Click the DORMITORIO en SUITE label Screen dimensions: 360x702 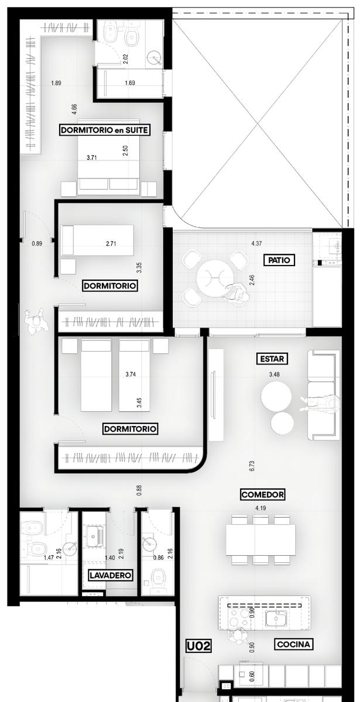105,130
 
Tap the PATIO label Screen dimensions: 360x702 279,260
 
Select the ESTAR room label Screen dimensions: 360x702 272,359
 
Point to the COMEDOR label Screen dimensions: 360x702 263,494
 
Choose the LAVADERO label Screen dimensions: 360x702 110,574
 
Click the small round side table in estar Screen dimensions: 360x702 282,424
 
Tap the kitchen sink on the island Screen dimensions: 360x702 275,619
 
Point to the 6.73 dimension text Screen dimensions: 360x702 252,466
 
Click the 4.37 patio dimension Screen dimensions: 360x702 256,243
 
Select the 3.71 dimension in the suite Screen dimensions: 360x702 91,157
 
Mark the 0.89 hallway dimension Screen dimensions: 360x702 37,243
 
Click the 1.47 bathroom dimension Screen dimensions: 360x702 49,558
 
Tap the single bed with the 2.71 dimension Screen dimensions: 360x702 98,240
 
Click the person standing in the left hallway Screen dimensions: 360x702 37,321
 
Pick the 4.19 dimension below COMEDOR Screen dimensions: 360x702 260,508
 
